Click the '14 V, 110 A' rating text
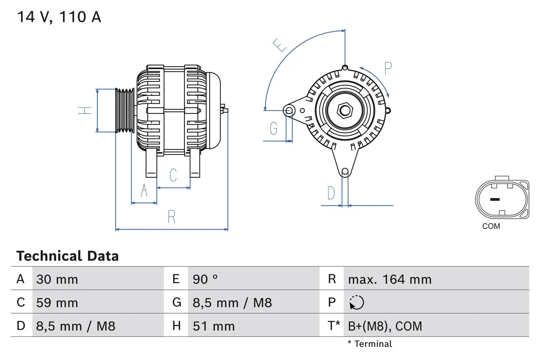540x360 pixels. (x=59, y=17)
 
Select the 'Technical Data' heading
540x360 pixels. (x=67, y=256)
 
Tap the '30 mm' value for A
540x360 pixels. (x=57, y=279)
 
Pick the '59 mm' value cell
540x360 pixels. (x=57, y=303)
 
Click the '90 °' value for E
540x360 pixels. (x=205, y=279)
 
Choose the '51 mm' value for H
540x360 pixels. (x=213, y=326)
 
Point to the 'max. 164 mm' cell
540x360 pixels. (x=389, y=279)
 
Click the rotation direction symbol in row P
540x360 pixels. (x=356, y=303)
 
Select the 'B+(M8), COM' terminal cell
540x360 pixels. (x=385, y=326)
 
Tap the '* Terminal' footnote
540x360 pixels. (x=370, y=344)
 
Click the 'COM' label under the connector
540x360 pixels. (x=491, y=226)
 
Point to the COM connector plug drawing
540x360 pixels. (x=502, y=200)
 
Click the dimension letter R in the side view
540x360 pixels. (x=171, y=217)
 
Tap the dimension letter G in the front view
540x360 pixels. (x=274, y=128)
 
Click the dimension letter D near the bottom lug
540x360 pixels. (x=331, y=193)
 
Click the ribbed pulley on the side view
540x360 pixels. (x=125, y=111)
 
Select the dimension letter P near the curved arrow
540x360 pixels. (x=388, y=68)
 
